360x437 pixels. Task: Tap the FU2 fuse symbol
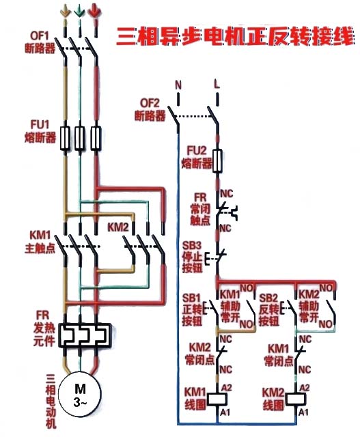[x=217, y=161]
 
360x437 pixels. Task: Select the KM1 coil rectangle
[x=218, y=399]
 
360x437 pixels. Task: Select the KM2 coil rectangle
[x=296, y=399]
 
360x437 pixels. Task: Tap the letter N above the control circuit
[x=178, y=85]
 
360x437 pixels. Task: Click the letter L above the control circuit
[x=217, y=83]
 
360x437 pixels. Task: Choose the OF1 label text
[x=40, y=36]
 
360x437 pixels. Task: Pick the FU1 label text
[x=40, y=124]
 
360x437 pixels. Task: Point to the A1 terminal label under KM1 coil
[x=225, y=412]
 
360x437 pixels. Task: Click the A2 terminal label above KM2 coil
[x=305, y=388]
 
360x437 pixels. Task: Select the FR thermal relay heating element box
[x=85, y=335]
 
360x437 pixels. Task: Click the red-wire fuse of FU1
[x=96, y=138]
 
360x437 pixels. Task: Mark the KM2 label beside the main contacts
[x=118, y=227]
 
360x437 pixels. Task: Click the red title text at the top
[x=235, y=36]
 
